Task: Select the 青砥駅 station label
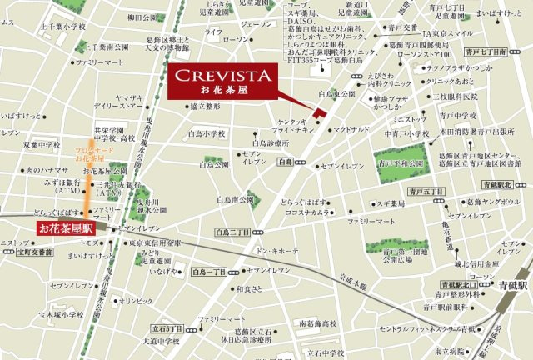tap(513, 283)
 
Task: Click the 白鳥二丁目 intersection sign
tap(233, 232)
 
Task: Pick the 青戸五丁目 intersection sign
tap(426, 192)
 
